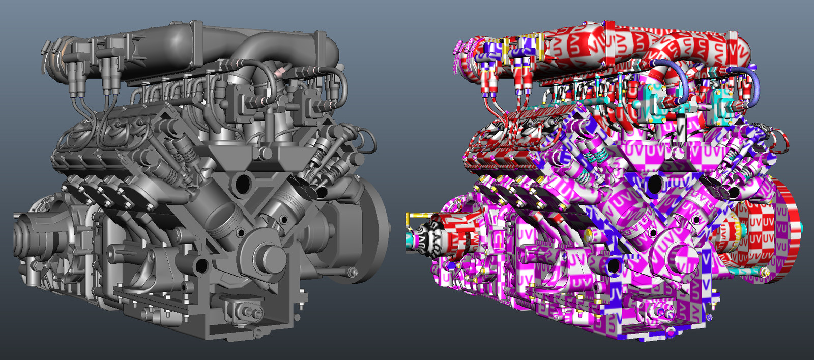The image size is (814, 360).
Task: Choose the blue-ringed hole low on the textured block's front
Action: (x=614, y=265)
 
